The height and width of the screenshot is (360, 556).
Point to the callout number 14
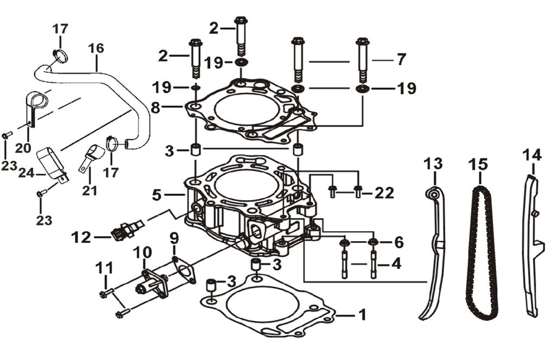point(532,155)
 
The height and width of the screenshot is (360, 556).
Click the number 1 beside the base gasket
point(362,314)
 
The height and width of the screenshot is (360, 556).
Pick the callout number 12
point(81,237)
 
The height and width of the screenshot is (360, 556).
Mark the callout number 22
point(383,192)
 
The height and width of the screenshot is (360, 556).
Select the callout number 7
point(401,60)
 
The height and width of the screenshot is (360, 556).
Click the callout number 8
point(155,108)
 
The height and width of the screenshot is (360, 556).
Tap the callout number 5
point(157,194)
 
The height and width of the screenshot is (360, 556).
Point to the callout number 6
point(399,241)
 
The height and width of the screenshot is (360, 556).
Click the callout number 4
point(396,265)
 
